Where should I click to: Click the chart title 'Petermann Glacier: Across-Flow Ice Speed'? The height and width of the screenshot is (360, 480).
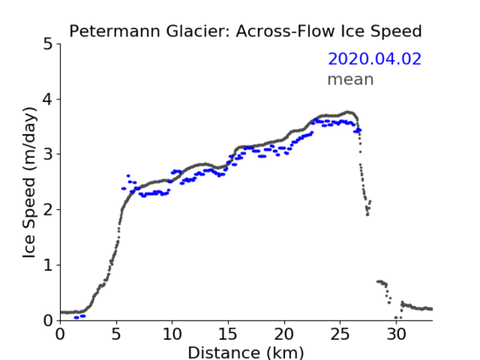245,31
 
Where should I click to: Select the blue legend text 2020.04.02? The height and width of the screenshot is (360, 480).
375,59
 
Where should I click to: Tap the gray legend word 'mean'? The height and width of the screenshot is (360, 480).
351,79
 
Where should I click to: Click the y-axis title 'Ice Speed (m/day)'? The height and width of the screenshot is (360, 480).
30,183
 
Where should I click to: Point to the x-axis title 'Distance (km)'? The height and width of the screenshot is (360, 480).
245,352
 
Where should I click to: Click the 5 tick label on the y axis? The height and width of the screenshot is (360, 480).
48,45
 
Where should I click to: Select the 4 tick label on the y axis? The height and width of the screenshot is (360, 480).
48,99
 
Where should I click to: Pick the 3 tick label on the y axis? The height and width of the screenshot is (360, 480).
48,154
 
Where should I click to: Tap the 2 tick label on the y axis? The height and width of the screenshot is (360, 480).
48,210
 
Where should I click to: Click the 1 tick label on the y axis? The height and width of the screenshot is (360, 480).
48,265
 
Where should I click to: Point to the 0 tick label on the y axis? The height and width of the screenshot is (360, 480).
48,320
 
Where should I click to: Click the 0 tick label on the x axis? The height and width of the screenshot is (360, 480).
60,335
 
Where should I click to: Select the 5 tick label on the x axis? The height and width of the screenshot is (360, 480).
116,335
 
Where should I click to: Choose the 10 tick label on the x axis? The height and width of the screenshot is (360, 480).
172,335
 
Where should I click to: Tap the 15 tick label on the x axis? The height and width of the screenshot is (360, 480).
228,335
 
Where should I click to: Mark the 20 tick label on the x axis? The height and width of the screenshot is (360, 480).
284,335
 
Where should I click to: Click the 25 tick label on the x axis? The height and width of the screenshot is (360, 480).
340,335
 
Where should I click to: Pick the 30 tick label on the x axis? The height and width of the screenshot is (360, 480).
396,335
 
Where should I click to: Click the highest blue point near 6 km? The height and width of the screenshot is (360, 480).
128,176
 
